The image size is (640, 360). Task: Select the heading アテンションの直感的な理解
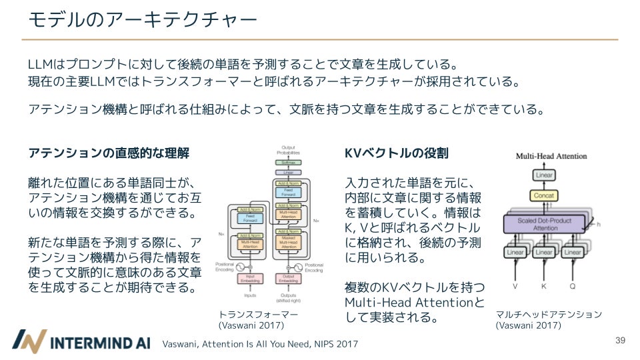tap(109, 153)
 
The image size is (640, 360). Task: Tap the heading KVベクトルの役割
tap(397, 153)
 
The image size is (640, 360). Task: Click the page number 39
tap(620, 341)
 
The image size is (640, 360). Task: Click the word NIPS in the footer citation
tap(318, 344)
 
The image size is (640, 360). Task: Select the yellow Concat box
tap(545, 195)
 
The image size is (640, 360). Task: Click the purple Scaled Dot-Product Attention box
tap(545, 223)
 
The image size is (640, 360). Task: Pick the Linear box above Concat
tap(545, 175)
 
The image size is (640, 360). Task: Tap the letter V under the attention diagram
tap(515, 285)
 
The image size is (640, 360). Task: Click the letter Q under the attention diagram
tap(573, 285)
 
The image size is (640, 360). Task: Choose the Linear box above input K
tap(544, 253)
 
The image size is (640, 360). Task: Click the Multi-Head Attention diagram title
tap(551, 156)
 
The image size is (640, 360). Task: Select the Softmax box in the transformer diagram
tap(288, 162)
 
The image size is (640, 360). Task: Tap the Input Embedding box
tap(251, 279)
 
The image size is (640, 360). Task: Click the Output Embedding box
tap(288, 279)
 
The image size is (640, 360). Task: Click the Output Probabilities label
tap(288, 151)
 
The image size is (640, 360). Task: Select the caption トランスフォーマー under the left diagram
tap(258, 315)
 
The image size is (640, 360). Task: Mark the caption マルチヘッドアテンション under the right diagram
tap(549, 315)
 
